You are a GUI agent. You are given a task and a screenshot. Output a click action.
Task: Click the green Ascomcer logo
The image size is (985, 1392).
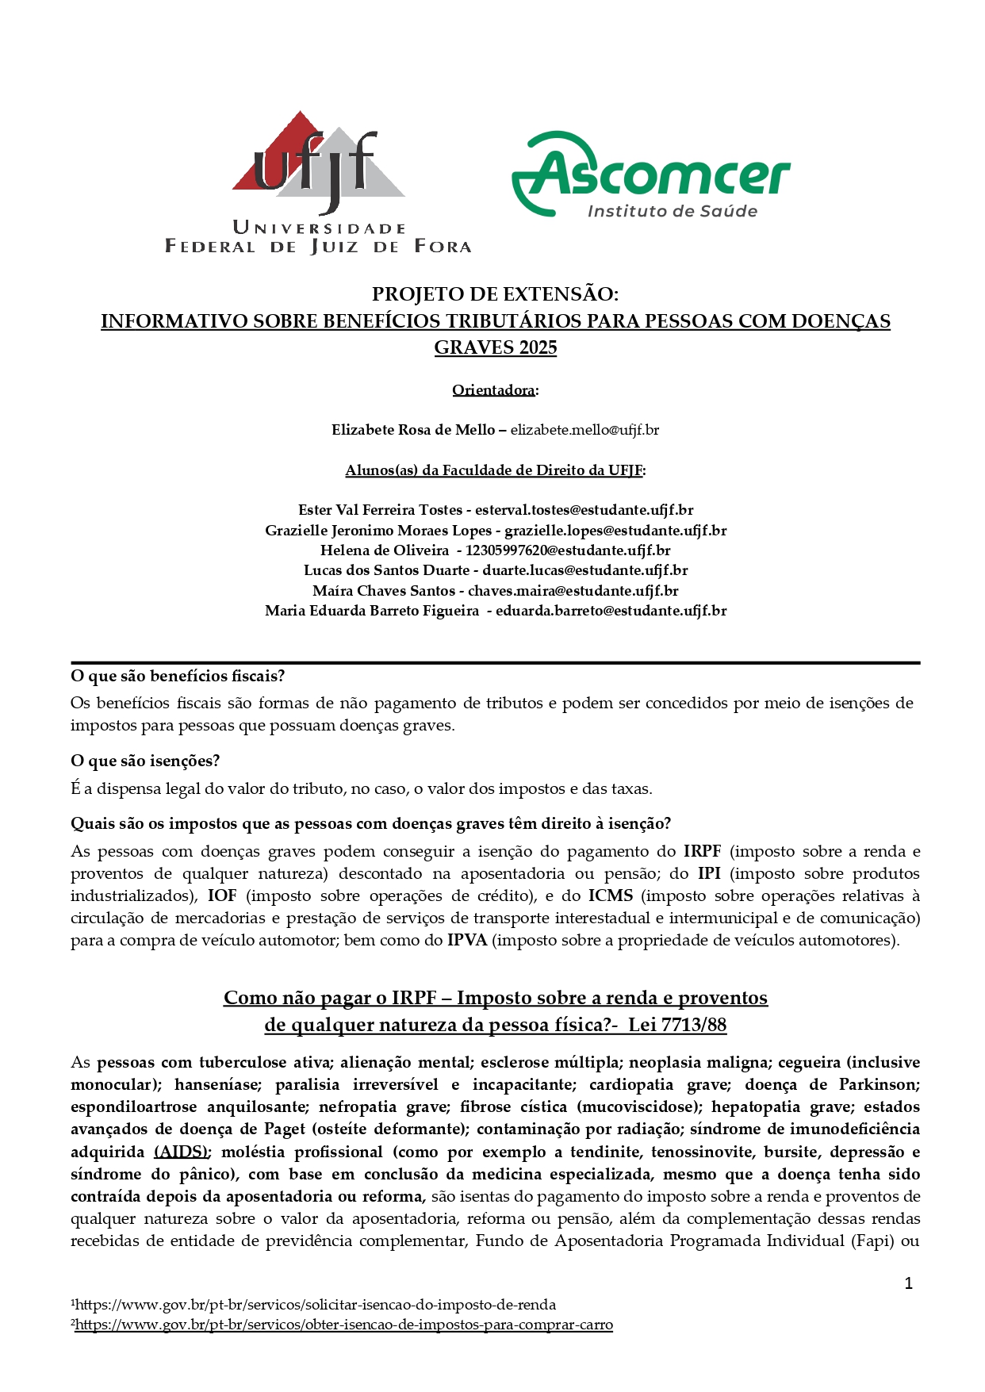pyautogui.click(x=650, y=174)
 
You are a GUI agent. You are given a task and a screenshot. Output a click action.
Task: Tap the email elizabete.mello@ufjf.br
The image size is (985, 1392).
pyautogui.click(x=584, y=430)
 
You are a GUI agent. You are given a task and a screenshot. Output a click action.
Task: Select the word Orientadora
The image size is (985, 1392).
pyautogui.click(x=493, y=390)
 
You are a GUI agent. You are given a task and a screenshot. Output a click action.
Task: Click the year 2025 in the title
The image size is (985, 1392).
pyautogui.click(x=538, y=347)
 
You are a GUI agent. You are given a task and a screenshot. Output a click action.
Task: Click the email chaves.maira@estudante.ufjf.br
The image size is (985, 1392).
pyautogui.click(x=573, y=591)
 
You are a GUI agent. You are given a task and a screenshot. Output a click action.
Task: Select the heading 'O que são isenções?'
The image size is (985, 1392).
pyautogui.click(x=145, y=761)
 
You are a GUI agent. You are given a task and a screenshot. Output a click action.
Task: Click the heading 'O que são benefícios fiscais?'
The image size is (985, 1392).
pyautogui.click(x=178, y=676)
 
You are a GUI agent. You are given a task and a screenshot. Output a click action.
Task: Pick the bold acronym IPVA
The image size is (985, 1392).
pyautogui.click(x=467, y=941)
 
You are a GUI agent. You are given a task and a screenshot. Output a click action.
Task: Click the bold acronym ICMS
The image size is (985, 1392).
pyautogui.click(x=611, y=896)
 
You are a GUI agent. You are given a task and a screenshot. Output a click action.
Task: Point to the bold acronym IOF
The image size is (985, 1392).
pyautogui.click(x=223, y=896)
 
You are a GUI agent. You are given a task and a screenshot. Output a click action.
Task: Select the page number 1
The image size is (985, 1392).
pyautogui.click(x=909, y=1283)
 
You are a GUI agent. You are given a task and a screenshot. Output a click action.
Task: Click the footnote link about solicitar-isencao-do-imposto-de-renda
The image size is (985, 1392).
pyautogui.click(x=316, y=1305)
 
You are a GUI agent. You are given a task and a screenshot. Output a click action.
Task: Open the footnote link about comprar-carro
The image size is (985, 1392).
pyautogui.click(x=343, y=1325)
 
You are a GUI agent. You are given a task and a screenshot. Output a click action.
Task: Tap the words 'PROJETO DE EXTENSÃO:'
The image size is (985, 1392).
pyautogui.click(x=495, y=294)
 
